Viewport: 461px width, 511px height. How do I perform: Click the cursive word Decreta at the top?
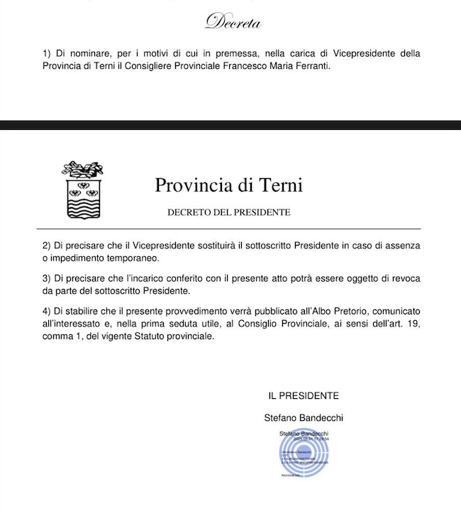pos(233,23)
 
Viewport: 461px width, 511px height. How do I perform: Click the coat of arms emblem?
pos(83,191)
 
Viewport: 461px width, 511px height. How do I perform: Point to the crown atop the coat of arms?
pos(83,170)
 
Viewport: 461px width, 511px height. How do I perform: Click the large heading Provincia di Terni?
pos(228,186)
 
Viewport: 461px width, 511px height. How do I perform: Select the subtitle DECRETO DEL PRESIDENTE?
pos(228,212)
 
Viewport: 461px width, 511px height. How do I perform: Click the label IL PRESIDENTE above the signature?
pos(303,395)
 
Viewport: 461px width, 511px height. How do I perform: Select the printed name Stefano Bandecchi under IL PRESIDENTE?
pos(303,418)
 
